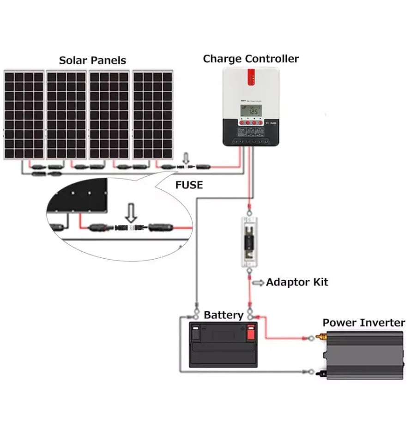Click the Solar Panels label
pyautogui.click(x=92, y=61)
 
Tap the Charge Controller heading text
pyautogui.click(x=251, y=59)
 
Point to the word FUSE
pyautogui.click(x=189, y=185)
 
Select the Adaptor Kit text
pyautogui.click(x=297, y=282)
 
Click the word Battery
pyautogui.click(x=224, y=315)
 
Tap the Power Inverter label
pyautogui.click(x=363, y=322)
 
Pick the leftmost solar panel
pyautogui.click(x=24, y=115)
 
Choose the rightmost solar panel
pyautogui.click(x=153, y=115)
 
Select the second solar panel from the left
pyautogui.click(x=66, y=115)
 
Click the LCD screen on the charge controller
pyautogui.click(x=251, y=111)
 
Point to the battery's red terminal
pyautogui.click(x=251, y=332)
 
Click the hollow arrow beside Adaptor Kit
pyautogui.click(x=258, y=282)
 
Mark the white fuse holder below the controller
pyautogui.click(x=250, y=240)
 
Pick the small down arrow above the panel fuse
pyautogui.click(x=187, y=157)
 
